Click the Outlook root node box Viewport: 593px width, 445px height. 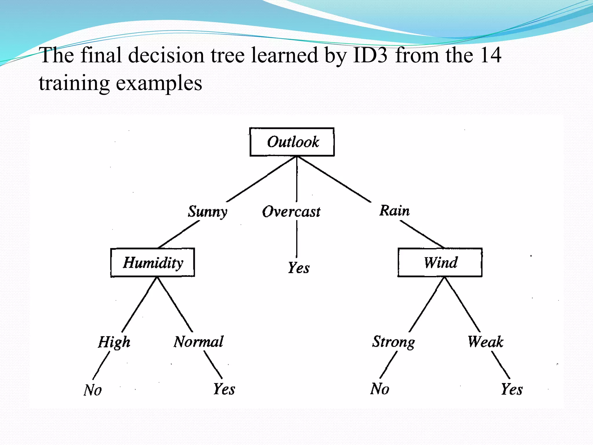[x=292, y=142]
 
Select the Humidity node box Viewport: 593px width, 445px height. [x=153, y=262]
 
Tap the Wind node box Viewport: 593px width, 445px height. [x=440, y=262]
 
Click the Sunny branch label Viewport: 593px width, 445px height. [x=208, y=211]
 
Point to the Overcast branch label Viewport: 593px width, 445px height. [x=291, y=211]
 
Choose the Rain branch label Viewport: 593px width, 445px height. [x=395, y=210]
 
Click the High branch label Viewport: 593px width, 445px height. [x=114, y=342]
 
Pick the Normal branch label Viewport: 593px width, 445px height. [x=199, y=342]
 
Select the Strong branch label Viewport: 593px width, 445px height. [x=393, y=342]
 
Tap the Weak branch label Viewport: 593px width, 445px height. [x=486, y=342]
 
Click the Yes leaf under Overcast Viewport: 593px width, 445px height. [x=299, y=268]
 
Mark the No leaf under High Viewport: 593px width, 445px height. [x=93, y=390]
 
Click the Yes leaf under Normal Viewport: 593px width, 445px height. [x=224, y=389]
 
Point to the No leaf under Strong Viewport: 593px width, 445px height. [x=380, y=389]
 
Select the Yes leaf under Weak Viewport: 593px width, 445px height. [x=512, y=389]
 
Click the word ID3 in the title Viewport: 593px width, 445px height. [x=370, y=55]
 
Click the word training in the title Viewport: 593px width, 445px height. [x=74, y=83]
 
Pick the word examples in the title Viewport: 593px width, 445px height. [x=159, y=83]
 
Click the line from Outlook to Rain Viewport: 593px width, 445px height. [x=334, y=179]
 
